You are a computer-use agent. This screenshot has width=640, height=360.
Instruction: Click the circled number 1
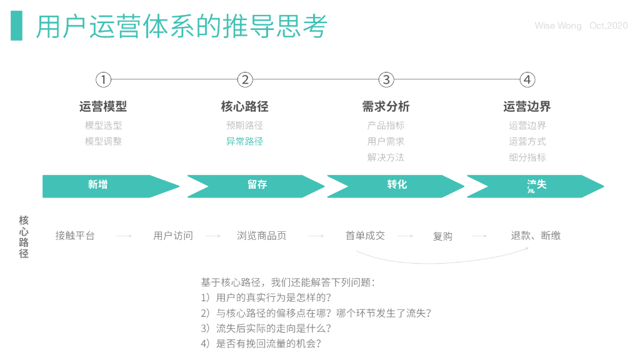(103, 80)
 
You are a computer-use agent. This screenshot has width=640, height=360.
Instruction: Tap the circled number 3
(386, 80)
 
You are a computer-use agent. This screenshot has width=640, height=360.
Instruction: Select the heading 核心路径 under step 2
(244, 107)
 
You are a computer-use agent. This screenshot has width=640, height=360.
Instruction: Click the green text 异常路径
(244, 141)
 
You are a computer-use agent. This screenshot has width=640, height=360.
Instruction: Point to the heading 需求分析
(386, 107)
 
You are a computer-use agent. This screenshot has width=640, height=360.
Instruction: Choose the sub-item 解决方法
(386, 157)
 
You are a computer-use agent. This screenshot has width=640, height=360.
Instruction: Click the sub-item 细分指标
(527, 157)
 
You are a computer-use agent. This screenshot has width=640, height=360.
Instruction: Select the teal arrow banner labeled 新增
(106, 186)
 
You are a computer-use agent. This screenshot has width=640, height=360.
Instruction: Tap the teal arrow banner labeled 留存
(256, 186)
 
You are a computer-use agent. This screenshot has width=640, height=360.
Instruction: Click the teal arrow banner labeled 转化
(396, 186)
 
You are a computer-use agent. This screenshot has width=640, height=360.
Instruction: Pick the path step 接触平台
(75, 236)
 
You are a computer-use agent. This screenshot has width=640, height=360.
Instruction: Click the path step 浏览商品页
(262, 236)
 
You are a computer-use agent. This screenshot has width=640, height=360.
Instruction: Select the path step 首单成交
(365, 236)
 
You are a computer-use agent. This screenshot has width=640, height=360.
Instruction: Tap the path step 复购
(442, 236)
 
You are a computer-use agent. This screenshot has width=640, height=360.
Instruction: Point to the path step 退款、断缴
(536, 236)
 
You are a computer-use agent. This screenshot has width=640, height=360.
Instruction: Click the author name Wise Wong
(558, 26)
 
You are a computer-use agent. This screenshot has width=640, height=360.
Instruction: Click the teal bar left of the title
(16, 26)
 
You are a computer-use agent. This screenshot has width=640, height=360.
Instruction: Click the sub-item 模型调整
(103, 141)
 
